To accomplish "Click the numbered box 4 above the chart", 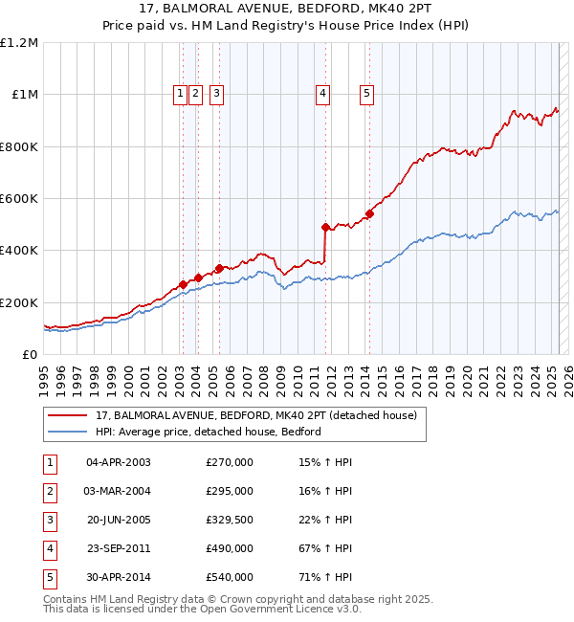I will pos(323,93).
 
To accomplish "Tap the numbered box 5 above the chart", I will pos(367,93).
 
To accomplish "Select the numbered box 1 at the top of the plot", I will pos(181,93).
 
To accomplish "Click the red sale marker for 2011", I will pos(325,228).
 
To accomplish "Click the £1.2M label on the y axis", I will pos(19,43).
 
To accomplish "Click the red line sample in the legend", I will pos(68,416).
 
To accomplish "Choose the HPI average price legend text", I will pos(208,432).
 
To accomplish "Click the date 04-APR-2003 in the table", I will pos(119,463).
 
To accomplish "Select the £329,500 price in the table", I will pos(230,520).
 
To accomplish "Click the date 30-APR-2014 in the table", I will pos(119,577).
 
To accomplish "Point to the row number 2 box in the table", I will pos(48,492).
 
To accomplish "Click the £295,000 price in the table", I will pos(230,492).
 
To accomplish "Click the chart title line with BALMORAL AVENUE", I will pos(286,10).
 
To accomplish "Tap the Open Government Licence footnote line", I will pos(203,609).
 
